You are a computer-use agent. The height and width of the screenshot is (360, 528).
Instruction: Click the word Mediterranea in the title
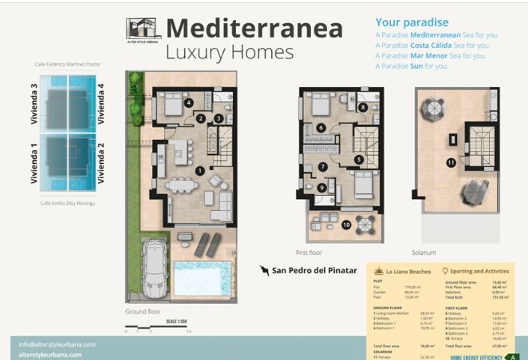click(254, 28)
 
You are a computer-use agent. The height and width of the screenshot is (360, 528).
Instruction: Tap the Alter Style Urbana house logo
click(142, 31)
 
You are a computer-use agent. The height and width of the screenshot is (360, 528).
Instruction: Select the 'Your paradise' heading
click(411, 22)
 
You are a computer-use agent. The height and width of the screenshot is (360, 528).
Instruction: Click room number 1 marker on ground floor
click(199, 171)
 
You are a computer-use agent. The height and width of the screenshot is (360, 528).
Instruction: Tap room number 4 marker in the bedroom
click(189, 103)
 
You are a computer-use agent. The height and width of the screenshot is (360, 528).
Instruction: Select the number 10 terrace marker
click(346, 224)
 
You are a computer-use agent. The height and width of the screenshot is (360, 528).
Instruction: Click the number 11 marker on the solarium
click(451, 162)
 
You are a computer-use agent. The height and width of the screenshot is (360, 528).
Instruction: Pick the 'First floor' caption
click(310, 253)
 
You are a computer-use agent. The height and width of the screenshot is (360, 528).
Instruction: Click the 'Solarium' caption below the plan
click(423, 253)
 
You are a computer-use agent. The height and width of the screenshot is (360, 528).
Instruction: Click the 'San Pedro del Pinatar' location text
click(314, 270)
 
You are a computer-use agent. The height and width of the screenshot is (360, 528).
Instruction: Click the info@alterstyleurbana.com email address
click(57, 344)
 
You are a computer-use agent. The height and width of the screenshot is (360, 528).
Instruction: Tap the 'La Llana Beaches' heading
click(408, 272)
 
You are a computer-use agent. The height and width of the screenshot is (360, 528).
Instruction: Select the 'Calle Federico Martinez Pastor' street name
click(67, 65)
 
